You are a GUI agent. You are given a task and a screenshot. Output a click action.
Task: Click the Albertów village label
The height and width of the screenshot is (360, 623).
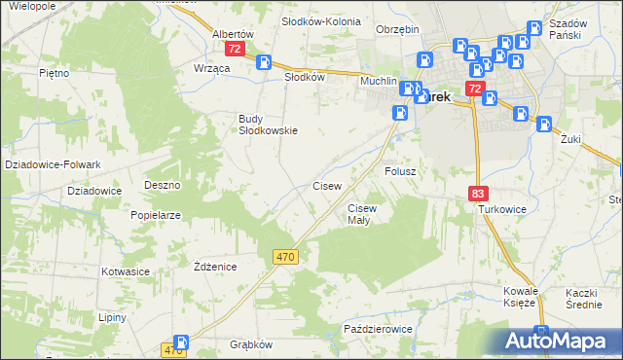233,33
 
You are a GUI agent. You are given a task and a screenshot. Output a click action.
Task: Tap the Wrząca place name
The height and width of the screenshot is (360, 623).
211,68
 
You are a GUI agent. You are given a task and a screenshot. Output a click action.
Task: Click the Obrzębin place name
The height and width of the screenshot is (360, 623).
397,28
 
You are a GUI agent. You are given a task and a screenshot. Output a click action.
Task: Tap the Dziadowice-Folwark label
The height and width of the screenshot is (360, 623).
47,164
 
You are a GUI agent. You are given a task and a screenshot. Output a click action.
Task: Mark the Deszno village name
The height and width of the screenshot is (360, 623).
163,184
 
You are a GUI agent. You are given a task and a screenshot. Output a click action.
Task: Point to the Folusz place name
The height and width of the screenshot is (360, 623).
400,170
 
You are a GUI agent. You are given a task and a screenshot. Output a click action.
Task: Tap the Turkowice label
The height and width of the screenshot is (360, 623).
501,209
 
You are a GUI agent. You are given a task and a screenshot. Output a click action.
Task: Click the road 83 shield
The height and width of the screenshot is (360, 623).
477,195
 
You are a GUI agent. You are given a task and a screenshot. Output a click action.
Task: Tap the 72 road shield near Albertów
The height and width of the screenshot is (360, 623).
234,48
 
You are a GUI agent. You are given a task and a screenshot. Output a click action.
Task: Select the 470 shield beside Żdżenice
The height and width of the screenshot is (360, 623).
284,256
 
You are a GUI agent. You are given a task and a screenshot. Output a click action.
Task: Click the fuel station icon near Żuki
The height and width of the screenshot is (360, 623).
543,124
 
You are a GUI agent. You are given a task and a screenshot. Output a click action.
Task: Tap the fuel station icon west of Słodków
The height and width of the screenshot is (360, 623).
263,62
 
